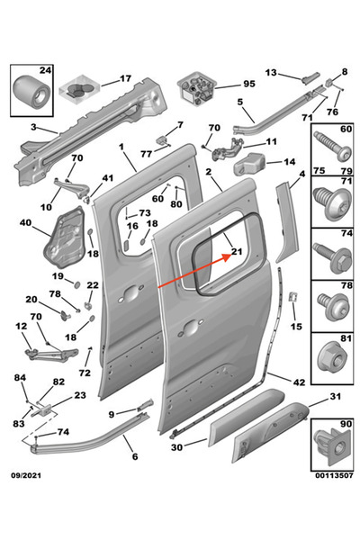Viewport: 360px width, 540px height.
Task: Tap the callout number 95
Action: click(x=248, y=85)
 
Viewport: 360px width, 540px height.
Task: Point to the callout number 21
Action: click(x=238, y=252)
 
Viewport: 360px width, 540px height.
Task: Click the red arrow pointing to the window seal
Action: click(x=191, y=270)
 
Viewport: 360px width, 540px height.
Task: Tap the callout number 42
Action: click(x=298, y=382)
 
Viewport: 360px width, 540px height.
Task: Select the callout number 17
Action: click(x=125, y=78)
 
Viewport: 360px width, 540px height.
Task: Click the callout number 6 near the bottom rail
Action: click(x=134, y=457)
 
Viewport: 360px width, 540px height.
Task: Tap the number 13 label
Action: click(x=270, y=72)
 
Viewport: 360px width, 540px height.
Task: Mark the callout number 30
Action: click(x=176, y=447)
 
